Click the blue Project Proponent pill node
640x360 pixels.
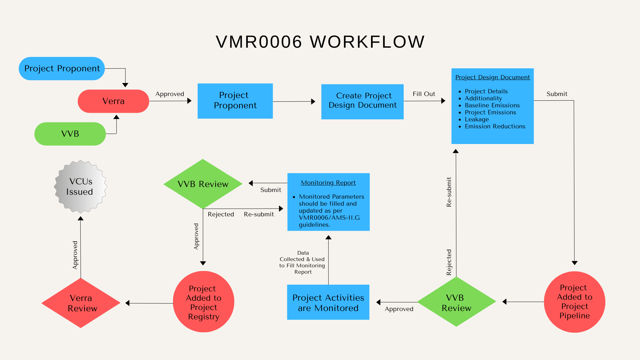coord(62,68)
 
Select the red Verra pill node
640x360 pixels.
coord(113,101)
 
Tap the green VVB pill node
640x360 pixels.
coord(70,134)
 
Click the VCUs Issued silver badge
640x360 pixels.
coord(80,187)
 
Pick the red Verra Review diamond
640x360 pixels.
coord(81,303)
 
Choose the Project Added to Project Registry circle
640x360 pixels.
coord(204,302)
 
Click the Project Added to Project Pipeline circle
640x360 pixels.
coord(575,302)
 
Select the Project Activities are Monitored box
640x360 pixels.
coord(328,302)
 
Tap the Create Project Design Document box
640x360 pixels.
coord(362,101)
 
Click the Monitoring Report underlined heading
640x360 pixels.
coord(328,183)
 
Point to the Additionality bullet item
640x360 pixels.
coord(483,98)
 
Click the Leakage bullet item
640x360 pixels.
coord(477,119)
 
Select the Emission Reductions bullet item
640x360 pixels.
coord(495,126)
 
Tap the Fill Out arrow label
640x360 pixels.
coord(424,94)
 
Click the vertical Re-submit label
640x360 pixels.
coord(449,192)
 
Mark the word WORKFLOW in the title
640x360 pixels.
coord(367,42)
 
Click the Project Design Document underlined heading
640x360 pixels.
coord(493,77)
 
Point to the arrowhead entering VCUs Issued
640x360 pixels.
coord(81,218)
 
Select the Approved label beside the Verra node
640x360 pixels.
coord(170,94)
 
